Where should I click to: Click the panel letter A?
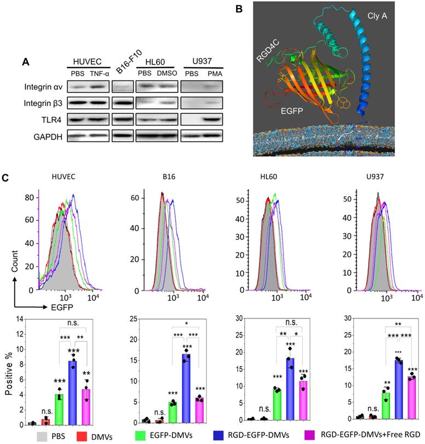25,63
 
